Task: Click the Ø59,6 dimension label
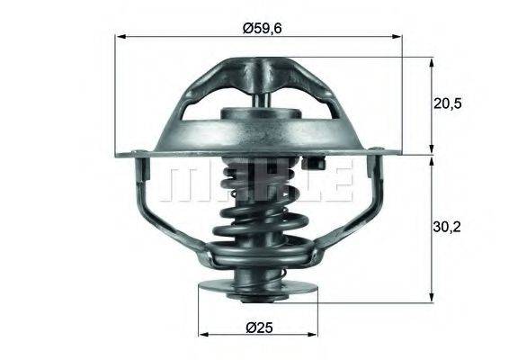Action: pyautogui.click(x=262, y=27)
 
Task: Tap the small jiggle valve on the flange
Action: pyautogui.click(x=316, y=164)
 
